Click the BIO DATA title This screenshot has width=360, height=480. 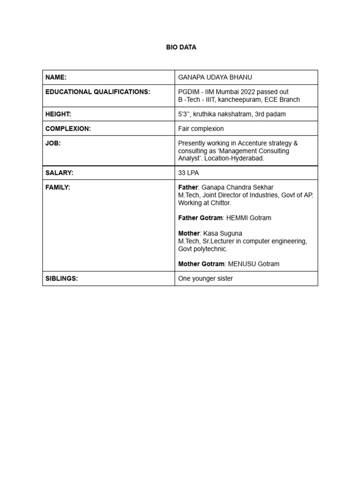click(x=181, y=47)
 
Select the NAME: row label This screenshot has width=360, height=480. click(x=56, y=77)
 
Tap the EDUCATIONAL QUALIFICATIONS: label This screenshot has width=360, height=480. click(x=97, y=92)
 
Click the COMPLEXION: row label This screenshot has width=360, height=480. click(x=68, y=128)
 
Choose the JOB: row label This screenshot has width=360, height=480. click(x=53, y=143)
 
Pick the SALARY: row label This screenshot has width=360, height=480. click(x=59, y=172)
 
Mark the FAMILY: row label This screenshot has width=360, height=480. click(x=58, y=187)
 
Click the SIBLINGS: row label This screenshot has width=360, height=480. click(x=61, y=278)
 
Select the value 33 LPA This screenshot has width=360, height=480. click(x=188, y=172)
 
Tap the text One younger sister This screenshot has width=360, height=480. click(x=205, y=278)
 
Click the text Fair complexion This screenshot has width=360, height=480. click(x=201, y=128)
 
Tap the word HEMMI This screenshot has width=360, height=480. click(x=238, y=218)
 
